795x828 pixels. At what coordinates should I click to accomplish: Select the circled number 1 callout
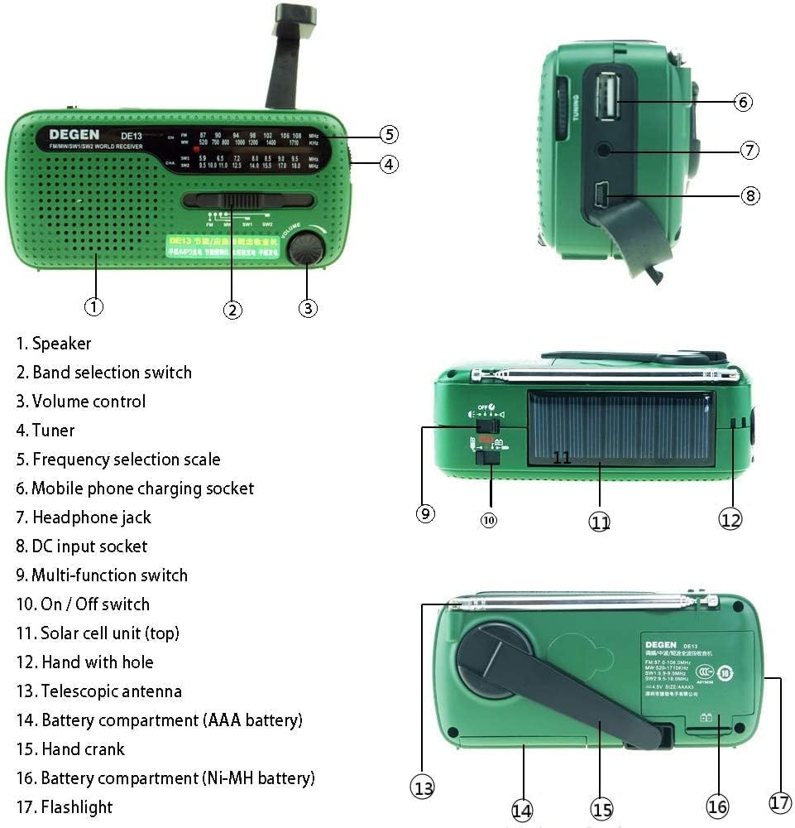[x=94, y=306]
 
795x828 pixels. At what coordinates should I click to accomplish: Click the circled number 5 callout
[x=390, y=134]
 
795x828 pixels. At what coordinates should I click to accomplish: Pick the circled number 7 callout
[x=750, y=150]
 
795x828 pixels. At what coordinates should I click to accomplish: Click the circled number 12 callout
[x=730, y=519]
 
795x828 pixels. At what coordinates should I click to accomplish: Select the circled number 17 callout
[x=780, y=802]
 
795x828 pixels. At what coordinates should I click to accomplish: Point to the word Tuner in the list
[x=53, y=430]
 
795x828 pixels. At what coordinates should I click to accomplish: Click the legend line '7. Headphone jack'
[x=84, y=517]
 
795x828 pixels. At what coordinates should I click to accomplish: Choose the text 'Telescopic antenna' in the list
[x=112, y=691]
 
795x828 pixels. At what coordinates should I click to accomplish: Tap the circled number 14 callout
[x=521, y=811]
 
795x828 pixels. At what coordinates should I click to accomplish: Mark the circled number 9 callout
[x=425, y=513]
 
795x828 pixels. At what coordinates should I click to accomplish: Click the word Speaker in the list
[x=61, y=343]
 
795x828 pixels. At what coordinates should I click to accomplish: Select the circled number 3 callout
[x=308, y=307]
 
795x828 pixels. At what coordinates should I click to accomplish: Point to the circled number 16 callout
[x=717, y=806]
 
